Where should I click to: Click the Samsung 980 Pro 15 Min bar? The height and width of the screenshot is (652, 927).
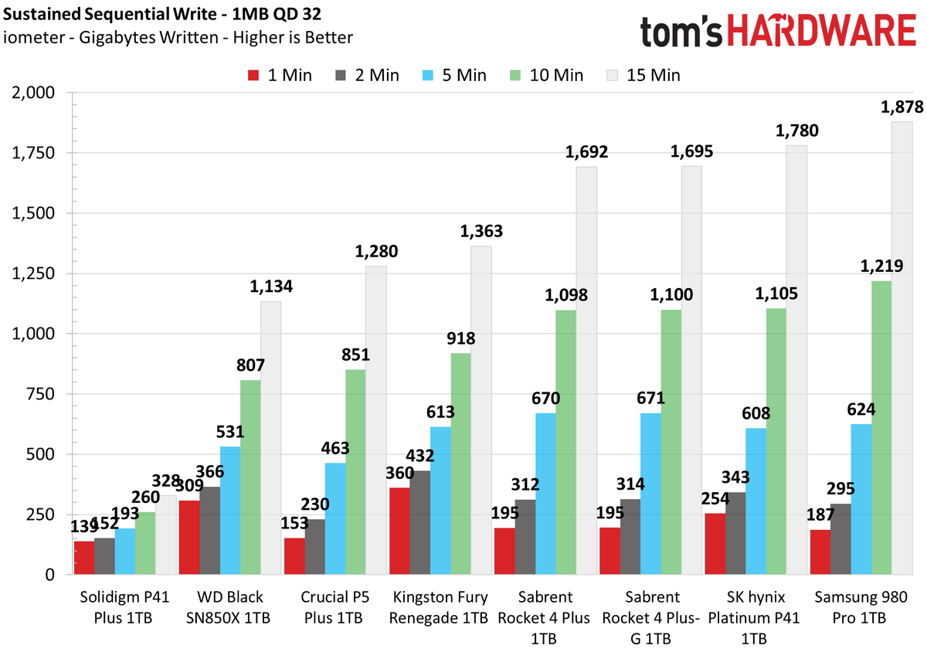click(902, 348)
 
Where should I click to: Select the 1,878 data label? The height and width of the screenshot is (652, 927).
click(902, 107)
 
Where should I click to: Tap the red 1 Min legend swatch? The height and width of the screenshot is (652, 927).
click(253, 76)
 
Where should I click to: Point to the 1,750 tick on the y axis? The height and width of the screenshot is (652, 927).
click(33, 153)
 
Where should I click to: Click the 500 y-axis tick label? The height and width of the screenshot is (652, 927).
click(40, 454)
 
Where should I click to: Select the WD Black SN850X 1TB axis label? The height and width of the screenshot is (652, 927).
click(228, 608)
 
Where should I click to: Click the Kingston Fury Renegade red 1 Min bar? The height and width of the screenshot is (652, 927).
click(400, 531)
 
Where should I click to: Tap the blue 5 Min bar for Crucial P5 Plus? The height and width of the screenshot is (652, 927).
click(335, 518)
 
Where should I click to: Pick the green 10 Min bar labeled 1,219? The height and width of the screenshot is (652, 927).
click(881, 428)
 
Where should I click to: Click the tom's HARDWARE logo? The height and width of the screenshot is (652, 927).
click(778, 30)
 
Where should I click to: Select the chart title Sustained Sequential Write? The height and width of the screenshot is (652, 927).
click(110, 15)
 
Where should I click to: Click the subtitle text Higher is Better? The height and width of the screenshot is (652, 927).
click(293, 38)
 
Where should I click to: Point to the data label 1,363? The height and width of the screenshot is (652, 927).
click(481, 231)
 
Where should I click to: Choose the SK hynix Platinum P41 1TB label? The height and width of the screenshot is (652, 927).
click(754, 618)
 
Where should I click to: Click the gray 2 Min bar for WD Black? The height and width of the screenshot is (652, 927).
click(210, 531)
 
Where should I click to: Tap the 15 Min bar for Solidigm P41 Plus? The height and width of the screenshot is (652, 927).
click(165, 535)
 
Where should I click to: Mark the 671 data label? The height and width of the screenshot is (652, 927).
click(650, 399)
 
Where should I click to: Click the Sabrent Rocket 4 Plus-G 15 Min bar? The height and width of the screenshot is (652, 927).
click(691, 370)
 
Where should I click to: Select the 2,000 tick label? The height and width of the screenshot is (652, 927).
click(33, 93)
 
